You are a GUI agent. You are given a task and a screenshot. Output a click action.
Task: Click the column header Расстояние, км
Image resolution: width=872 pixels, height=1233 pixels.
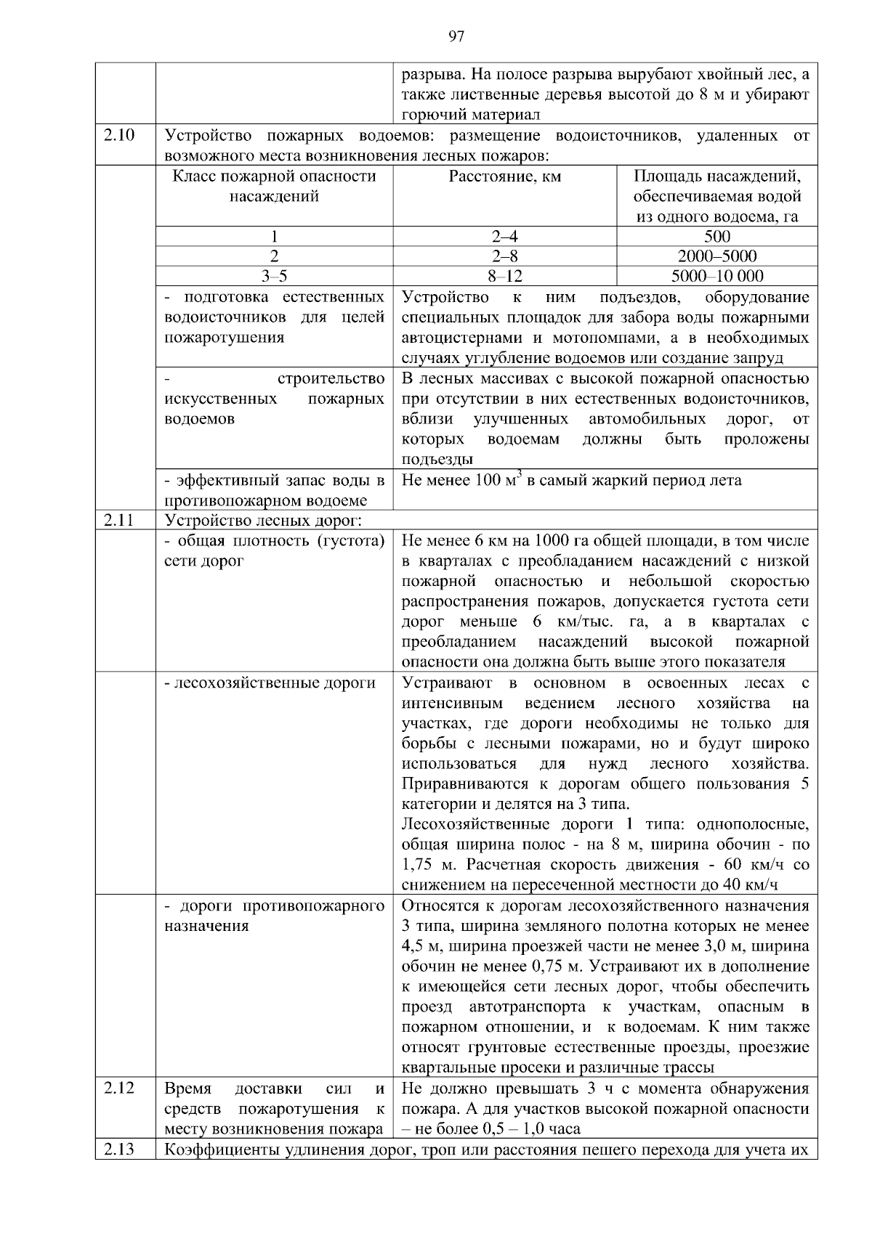coord(505,176)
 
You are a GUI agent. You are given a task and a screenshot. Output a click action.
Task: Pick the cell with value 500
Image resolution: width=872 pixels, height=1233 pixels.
coord(716,236)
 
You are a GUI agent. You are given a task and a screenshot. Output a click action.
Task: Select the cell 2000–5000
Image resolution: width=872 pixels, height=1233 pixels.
coord(716,256)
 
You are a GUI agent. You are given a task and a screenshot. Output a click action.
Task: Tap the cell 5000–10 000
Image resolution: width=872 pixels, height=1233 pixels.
coord(716,276)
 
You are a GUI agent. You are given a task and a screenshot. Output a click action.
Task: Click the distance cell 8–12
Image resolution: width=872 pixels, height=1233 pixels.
coord(505,276)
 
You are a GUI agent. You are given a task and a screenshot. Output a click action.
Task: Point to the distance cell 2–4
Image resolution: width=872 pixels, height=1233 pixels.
coord(505,236)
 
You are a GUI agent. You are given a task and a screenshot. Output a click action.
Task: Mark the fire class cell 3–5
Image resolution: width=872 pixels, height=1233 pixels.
coord(274,276)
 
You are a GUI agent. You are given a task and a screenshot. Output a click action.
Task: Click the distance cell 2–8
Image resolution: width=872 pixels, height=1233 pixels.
coord(505,256)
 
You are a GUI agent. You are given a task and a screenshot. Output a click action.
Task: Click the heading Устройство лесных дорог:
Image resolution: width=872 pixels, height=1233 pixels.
coord(264,520)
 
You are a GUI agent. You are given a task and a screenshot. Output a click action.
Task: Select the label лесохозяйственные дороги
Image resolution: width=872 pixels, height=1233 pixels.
coord(274,683)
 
